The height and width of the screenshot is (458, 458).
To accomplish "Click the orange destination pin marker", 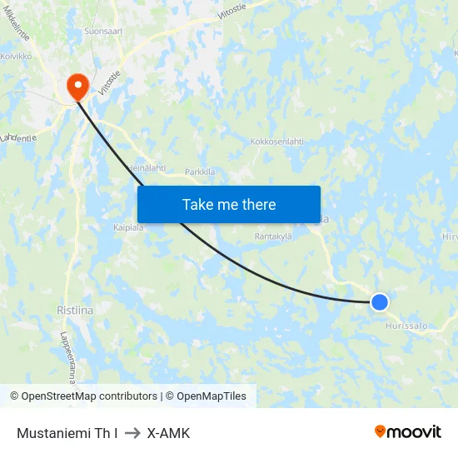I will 77,85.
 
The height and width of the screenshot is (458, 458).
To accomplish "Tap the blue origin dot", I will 379,301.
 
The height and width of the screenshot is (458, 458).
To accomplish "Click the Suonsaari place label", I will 103,31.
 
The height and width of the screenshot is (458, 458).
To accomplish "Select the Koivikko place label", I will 16,57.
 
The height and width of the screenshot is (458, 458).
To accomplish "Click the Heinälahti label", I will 147,168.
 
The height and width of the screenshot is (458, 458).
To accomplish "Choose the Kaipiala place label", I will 129,227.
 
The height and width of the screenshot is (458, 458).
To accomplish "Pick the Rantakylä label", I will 273,236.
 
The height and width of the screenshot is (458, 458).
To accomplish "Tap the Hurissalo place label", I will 406,326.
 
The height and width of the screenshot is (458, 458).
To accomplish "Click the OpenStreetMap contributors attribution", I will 89,396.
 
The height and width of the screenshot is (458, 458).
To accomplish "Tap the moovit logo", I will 408,431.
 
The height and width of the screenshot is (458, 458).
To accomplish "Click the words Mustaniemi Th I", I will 67,433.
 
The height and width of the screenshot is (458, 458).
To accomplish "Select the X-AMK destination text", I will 168,433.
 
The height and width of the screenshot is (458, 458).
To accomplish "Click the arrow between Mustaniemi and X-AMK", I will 132,433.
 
